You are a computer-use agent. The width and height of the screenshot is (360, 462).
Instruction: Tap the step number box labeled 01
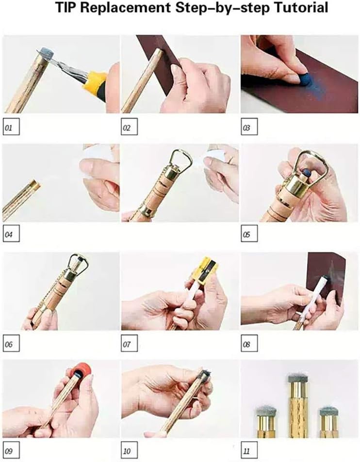click(x=11, y=127)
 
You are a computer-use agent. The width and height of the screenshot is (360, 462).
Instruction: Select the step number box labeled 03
click(x=249, y=127)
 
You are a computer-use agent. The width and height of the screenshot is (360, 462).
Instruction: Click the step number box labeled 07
click(x=130, y=343)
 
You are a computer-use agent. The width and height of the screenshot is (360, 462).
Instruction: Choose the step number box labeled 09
click(x=11, y=450)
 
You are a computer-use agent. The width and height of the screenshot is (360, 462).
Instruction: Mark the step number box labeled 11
click(x=249, y=450)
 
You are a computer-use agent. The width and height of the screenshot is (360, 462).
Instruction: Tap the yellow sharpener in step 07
click(x=205, y=274)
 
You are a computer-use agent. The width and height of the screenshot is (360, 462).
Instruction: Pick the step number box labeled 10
click(x=130, y=450)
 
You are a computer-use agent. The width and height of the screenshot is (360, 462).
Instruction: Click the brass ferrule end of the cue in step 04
click(x=36, y=185)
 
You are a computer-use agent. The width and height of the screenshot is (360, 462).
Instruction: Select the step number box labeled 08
click(x=249, y=343)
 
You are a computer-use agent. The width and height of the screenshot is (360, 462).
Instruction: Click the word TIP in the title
click(x=66, y=7)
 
